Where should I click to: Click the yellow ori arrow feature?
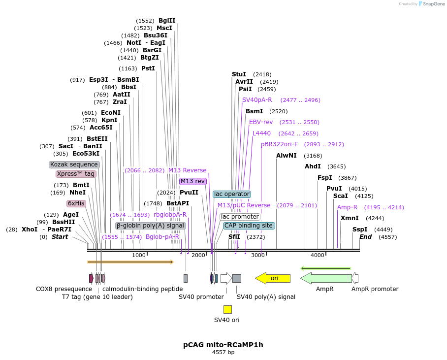[x=273, y=278]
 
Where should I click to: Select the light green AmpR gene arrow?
[x=325, y=278]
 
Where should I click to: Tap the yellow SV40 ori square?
[x=227, y=309]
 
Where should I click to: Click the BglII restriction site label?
[x=167, y=21]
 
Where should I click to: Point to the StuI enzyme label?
[x=239, y=74]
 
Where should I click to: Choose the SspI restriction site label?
[x=360, y=229]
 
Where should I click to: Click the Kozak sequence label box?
[x=74, y=164]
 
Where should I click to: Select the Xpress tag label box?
[x=75, y=174]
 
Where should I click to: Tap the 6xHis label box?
[x=76, y=203]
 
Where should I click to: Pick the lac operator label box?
[x=232, y=194]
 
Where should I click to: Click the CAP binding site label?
[x=249, y=226]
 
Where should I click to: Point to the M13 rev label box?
[x=192, y=181]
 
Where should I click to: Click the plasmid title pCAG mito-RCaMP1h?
[x=223, y=345]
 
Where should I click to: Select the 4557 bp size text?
[x=223, y=353]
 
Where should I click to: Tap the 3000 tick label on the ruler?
[x=258, y=255]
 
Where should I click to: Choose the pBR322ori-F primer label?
[x=279, y=144]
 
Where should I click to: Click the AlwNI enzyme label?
[x=286, y=156]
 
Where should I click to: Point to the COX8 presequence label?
[x=64, y=289]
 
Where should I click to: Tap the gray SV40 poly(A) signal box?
[x=237, y=278]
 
